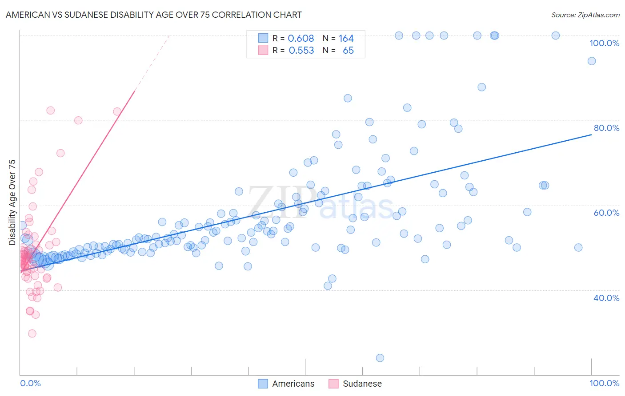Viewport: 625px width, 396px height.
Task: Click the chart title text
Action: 153,15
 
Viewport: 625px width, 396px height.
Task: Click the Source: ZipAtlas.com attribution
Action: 585,15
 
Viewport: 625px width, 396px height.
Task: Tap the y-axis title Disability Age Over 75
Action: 12,202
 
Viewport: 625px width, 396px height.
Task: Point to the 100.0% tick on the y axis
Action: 604,43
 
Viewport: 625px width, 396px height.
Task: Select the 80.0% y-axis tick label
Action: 606,128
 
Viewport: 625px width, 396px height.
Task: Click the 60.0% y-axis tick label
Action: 606,213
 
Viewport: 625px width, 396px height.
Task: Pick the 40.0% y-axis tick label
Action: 606,298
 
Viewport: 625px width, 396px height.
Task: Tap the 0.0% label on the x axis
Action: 30,383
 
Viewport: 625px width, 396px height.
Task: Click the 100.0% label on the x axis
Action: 604,383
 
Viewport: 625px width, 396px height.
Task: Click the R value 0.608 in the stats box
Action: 301,39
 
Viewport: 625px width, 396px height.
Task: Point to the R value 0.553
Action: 301,51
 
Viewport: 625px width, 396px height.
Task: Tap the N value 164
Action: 346,39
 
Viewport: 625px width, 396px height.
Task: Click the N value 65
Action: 348,51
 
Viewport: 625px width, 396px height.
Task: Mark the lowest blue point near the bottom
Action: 380,358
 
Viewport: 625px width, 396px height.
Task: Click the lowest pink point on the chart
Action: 32,333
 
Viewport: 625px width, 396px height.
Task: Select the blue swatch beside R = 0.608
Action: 263,38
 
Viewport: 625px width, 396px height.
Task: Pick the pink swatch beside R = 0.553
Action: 263,50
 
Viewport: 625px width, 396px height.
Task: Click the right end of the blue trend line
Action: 591,134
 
